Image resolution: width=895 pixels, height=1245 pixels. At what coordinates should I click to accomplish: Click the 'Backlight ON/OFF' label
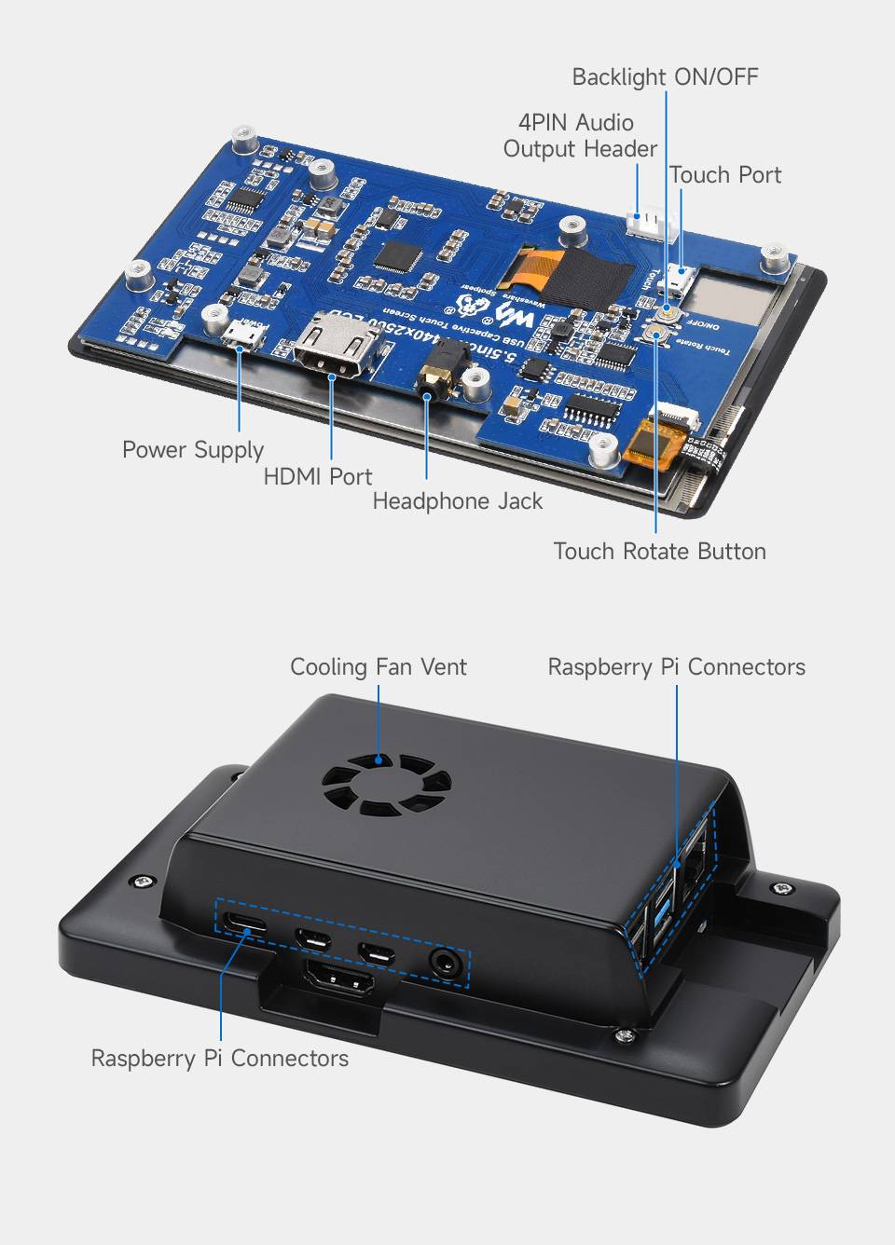[665, 76]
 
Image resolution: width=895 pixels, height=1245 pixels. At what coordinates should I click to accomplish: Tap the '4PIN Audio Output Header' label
[579, 135]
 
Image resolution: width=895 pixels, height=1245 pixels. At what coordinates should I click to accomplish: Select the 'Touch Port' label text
[724, 175]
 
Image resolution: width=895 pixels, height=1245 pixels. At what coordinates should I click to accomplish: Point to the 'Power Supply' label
[193, 450]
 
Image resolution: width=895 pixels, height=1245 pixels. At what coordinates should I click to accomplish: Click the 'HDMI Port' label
[317, 476]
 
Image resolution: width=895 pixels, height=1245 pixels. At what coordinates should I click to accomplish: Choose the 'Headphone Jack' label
[457, 501]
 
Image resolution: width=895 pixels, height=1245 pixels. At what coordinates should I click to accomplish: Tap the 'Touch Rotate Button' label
[659, 552]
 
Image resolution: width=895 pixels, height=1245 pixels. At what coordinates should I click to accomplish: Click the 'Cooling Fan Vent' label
[378, 667]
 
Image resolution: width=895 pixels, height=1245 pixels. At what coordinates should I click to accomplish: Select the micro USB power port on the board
[241, 333]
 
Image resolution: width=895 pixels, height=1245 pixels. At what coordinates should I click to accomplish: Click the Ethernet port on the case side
[696, 867]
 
